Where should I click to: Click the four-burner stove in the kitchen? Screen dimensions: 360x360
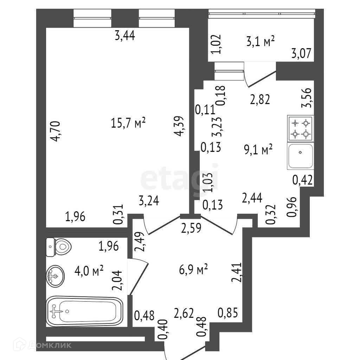click(301, 128)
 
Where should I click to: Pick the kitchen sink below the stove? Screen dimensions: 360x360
click(301, 155)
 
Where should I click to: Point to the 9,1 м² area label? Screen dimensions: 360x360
click(258, 150)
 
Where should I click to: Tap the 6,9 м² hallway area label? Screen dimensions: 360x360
click(193, 270)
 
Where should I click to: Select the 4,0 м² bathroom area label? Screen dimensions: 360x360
click(89, 271)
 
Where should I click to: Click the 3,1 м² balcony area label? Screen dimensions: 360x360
click(260, 42)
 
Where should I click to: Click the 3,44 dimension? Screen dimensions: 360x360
click(125, 36)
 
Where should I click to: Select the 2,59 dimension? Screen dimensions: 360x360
click(191, 229)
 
